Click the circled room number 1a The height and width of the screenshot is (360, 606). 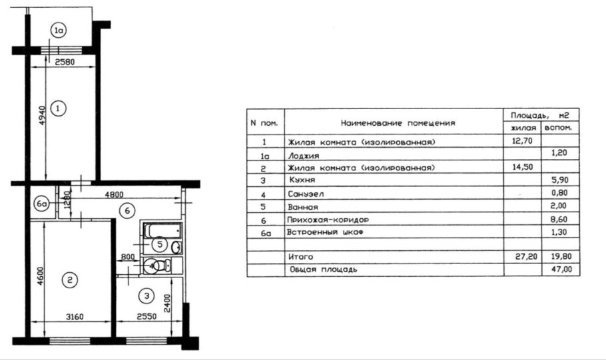[59, 30]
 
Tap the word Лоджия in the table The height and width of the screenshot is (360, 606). [303, 154]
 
